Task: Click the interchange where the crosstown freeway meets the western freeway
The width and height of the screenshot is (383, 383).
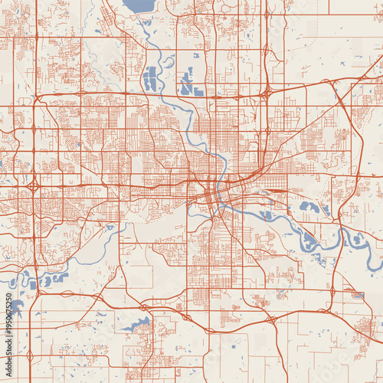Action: (x=34, y=186)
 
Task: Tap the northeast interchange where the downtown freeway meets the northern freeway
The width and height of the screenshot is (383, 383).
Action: (x=264, y=94)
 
